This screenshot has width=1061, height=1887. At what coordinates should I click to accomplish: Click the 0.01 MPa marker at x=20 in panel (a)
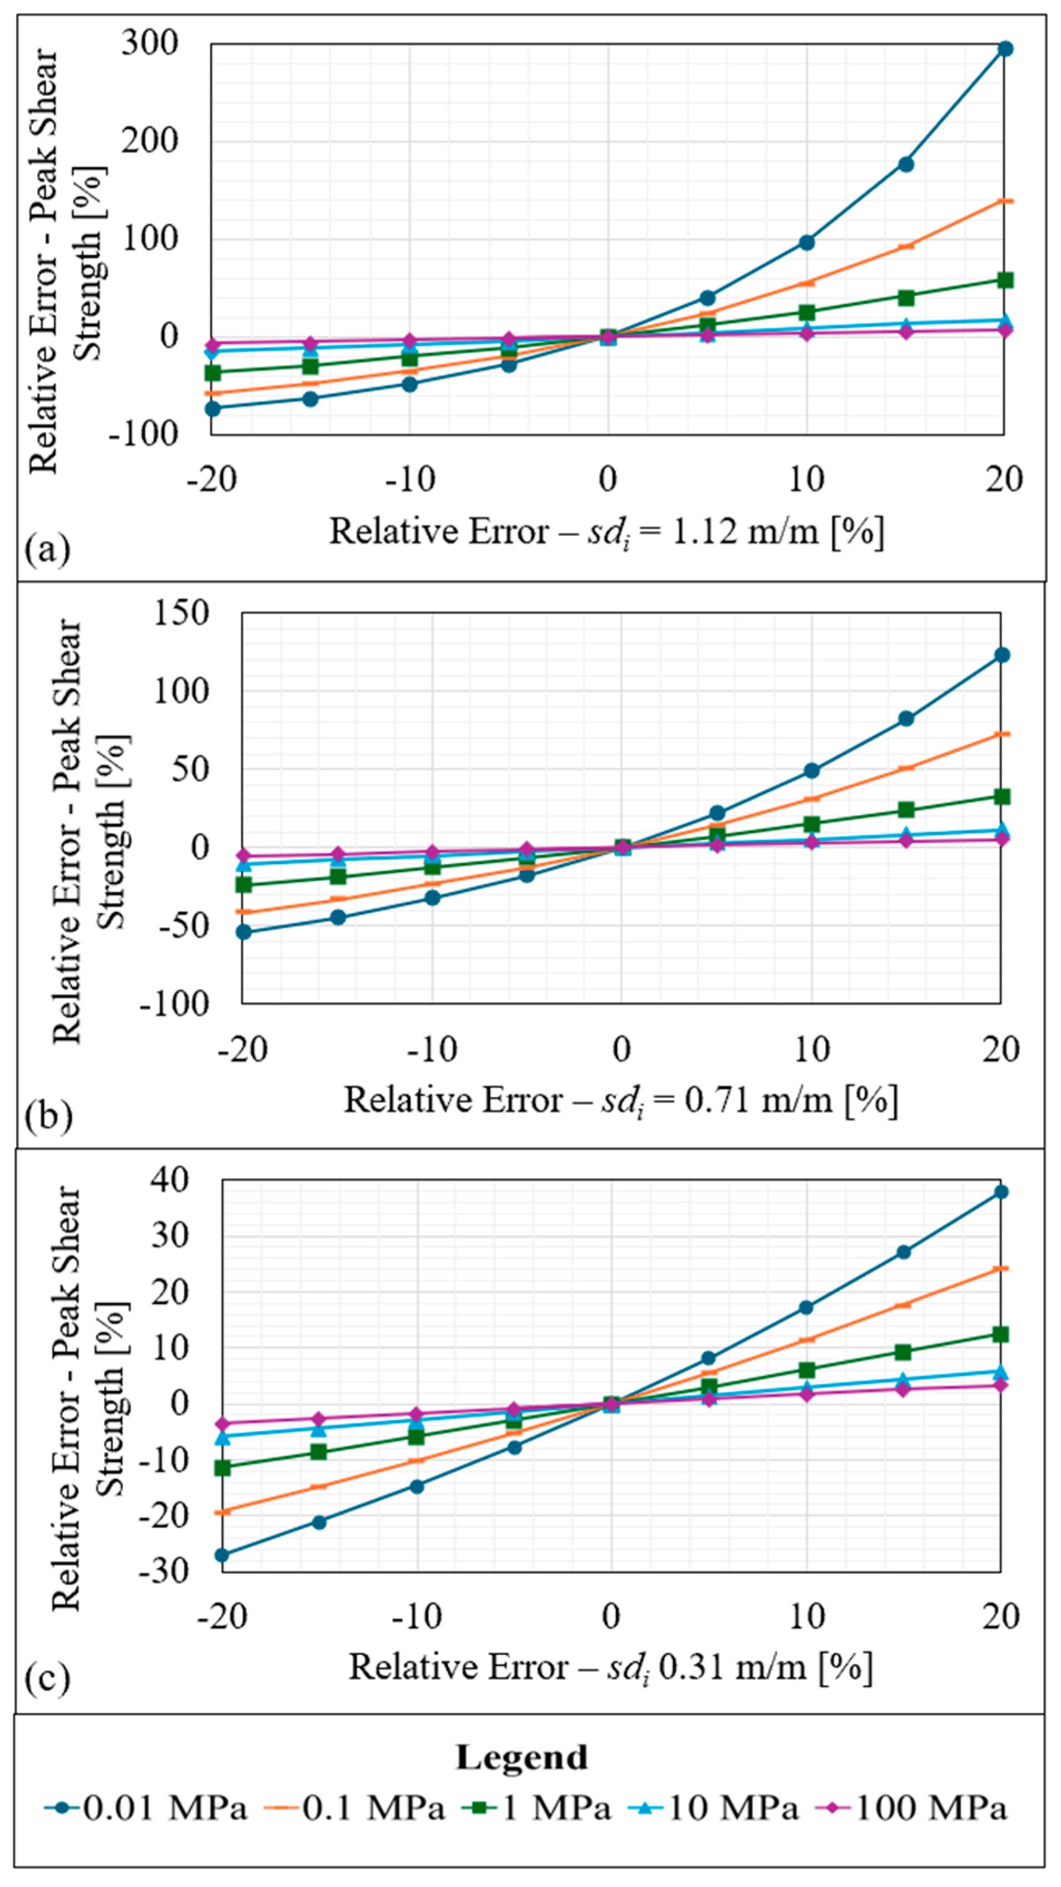point(1005,49)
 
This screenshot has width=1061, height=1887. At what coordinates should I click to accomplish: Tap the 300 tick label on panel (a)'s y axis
point(151,43)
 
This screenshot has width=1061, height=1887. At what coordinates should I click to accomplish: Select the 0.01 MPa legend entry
point(146,1807)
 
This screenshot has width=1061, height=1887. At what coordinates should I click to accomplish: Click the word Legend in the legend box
point(521,1757)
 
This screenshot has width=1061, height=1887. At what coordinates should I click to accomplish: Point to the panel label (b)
point(48,1116)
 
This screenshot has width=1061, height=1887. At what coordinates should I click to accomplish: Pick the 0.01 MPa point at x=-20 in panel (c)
point(222,1554)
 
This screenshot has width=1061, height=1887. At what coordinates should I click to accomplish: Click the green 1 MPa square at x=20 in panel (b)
point(1001,796)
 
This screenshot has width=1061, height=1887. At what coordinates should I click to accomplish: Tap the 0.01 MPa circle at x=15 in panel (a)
point(906,164)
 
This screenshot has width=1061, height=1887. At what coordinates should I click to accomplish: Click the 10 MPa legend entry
point(714,1807)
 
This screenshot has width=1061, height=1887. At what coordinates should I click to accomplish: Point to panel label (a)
point(48,548)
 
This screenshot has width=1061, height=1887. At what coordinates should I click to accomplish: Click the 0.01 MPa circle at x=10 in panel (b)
point(811,771)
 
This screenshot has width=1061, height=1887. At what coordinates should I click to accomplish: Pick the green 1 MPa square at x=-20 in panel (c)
point(222,1468)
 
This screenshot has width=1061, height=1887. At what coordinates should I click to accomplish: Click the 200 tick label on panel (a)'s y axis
point(151,141)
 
